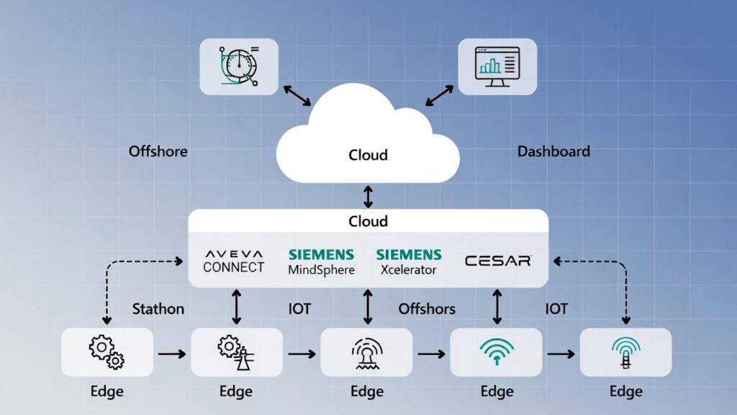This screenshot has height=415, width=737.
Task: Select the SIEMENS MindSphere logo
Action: (321, 262)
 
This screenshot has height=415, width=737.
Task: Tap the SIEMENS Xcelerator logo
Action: (408, 262)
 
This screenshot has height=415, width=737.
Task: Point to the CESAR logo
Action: (498, 260)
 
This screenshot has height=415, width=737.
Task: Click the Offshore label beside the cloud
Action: (158, 151)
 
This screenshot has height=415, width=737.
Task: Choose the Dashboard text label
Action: (553, 151)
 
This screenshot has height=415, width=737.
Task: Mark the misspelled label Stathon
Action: (158, 309)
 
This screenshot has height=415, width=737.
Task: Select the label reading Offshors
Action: (427, 309)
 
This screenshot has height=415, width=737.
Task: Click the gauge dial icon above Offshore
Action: (238, 66)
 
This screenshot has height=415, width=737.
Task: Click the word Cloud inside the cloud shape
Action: (368, 155)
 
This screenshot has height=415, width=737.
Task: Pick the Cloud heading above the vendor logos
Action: (368, 221)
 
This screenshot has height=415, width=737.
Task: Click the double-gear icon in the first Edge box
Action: (107, 352)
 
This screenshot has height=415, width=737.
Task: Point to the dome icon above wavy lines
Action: (366, 352)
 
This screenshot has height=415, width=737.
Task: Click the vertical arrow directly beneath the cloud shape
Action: (368, 197)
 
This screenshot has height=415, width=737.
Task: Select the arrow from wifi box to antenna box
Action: (561, 354)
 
